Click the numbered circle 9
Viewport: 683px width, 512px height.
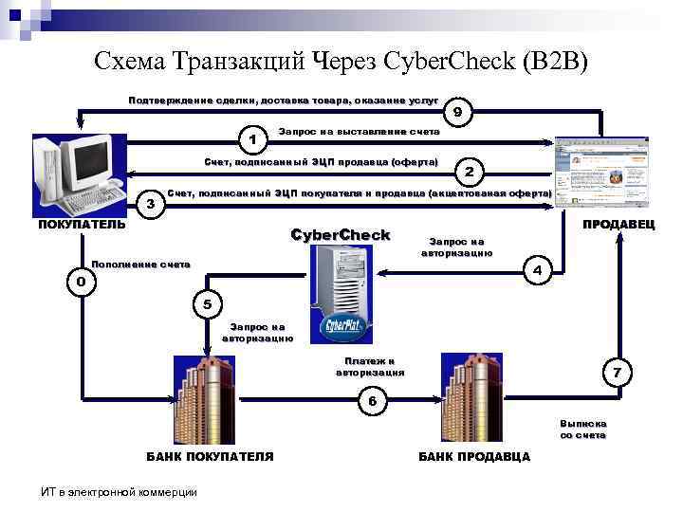457,112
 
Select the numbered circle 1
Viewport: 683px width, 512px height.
251,139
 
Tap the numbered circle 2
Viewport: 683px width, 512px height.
472,172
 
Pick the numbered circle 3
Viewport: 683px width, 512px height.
149,202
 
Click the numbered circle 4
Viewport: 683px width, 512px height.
537,269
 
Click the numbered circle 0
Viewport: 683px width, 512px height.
82,282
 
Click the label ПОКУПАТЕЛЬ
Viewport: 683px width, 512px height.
81,225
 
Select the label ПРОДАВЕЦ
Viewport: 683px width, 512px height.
618,225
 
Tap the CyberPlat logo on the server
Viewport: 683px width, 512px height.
341,328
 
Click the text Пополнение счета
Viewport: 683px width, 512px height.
140,263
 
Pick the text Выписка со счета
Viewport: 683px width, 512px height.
582,429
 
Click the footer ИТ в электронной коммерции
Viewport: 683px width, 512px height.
119,491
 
